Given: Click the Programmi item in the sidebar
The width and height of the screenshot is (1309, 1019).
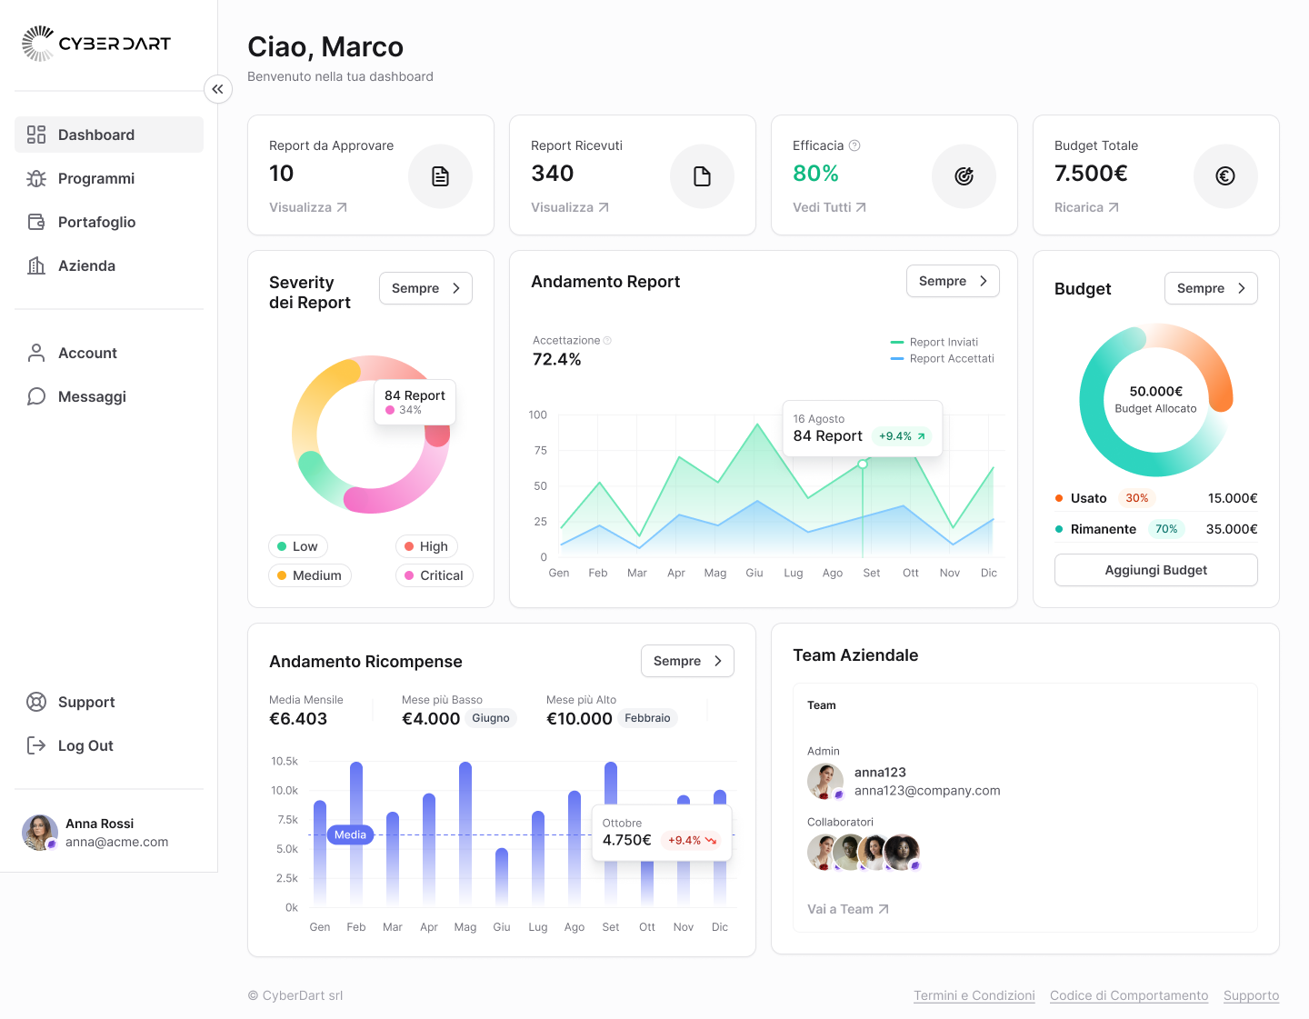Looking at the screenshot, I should pyautogui.click(x=95, y=178).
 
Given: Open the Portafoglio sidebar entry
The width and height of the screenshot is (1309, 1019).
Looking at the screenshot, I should pyautogui.click(x=96, y=222).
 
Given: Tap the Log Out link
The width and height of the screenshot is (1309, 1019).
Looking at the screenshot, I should pyautogui.click(x=85, y=745).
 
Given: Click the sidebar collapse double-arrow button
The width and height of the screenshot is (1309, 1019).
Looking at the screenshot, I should pyautogui.click(x=218, y=89).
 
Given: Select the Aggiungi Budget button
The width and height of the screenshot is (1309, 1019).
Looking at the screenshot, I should pyautogui.click(x=1155, y=570).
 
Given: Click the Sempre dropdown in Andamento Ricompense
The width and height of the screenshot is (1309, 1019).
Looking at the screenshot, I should pyautogui.click(x=686, y=661).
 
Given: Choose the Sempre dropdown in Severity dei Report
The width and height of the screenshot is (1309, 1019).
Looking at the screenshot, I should pyautogui.click(x=425, y=288).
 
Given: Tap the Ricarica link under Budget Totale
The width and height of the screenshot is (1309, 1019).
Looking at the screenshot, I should pyautogui.click(x=1085, y=207).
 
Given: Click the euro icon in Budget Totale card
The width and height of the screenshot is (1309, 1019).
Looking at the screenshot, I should pyautogui.click(x=1224, y=176).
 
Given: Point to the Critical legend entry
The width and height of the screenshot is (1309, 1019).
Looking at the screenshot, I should pyautogui.click(x=434, y=575).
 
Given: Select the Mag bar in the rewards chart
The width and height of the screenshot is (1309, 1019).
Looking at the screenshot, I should pyautogui.click(x=465, y=832).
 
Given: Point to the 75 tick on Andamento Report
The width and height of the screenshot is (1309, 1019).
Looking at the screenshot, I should pyautogui.click(x=541, y=451).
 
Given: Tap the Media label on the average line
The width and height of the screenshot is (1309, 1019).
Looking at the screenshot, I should pyautogui.click(x=350, y=834).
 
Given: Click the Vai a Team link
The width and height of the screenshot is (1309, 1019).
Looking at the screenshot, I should pyautogui.click(x=847, y=909).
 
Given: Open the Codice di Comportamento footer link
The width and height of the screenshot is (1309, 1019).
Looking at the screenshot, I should pyautogui.click(x=1128, y=995).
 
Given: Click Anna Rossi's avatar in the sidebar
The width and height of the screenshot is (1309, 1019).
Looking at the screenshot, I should pyautogui.click(x=39, y=833).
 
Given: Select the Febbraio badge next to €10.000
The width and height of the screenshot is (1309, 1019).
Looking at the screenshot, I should pyautogui.click(x=646, y=718).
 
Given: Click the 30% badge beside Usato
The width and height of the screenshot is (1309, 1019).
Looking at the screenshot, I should pyautogui.click(x=1136, y=498).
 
